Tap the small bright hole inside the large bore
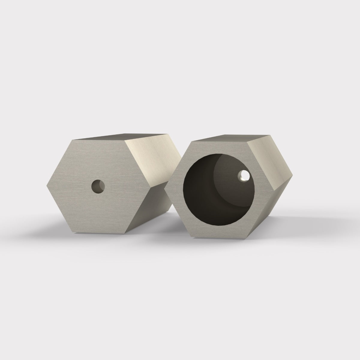[x=244, y=176]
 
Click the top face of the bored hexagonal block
[x=228, y=138]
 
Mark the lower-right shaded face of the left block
[x=156, y=210]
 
